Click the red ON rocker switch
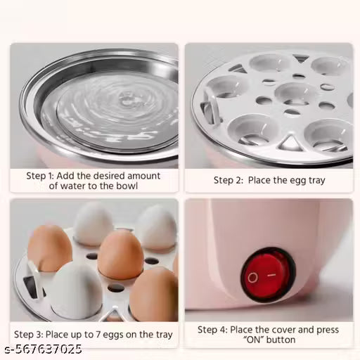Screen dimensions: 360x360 (x=269, y=275)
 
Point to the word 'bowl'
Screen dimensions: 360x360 (x=125, y=186)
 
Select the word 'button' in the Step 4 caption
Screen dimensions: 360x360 (x=283, y=340)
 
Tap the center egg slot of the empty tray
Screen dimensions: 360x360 (x=295, y=94)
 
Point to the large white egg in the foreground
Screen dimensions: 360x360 (x=77, y=290)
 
